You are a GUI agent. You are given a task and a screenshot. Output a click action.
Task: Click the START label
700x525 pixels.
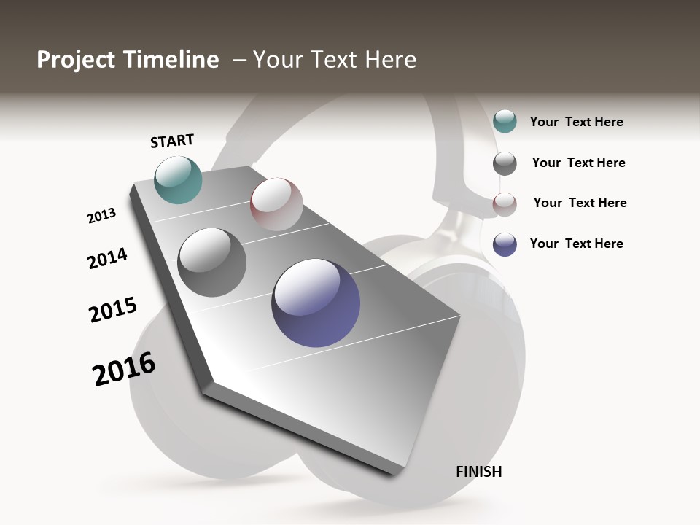172,141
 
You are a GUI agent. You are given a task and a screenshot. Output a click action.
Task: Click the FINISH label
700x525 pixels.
478,472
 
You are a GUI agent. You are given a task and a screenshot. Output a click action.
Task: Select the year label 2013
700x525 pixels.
101,216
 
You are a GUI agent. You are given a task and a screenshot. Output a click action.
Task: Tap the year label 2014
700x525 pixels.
107,258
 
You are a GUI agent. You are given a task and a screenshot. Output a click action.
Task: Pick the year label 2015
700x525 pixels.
113,310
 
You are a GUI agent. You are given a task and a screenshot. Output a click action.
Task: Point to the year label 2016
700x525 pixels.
124,369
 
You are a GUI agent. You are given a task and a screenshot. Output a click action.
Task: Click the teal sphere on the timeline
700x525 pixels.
178,179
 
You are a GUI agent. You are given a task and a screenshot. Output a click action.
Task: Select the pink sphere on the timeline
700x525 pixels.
276,204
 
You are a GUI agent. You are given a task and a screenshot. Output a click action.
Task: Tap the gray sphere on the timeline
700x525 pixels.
212,262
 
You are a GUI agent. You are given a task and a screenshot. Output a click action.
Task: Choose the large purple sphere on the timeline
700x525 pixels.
316,303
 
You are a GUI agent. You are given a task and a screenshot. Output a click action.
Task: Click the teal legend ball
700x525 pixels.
505,121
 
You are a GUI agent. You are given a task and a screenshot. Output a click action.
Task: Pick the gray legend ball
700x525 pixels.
505,163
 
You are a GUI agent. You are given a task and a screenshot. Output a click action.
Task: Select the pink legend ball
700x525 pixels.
505,204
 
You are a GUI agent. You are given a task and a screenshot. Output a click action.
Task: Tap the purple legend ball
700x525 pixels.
505,244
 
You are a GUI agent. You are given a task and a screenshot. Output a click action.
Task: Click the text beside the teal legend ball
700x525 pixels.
576,122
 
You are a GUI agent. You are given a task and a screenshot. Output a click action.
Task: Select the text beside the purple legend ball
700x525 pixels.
576,244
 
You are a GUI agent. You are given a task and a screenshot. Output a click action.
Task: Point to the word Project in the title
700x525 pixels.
76,60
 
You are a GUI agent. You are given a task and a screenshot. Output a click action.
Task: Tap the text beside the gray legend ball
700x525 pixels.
578,163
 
